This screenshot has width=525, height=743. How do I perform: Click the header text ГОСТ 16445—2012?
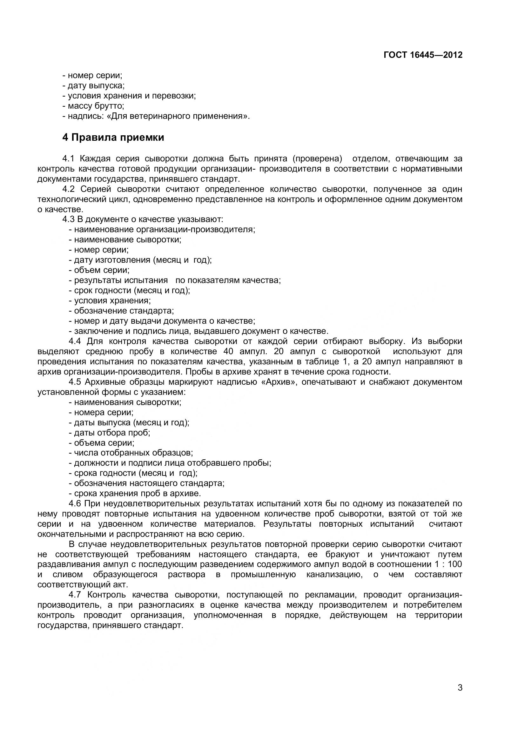tap(423, 55)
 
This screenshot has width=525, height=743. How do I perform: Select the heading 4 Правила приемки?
tap(113, 138)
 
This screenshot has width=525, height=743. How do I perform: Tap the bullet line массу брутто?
tap(93, 106)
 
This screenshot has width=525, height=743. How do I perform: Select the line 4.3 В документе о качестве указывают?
tap(143, 220)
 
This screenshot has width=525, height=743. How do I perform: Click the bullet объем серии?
tap(99, 270)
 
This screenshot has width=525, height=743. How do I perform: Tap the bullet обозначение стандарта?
tap(121, 311)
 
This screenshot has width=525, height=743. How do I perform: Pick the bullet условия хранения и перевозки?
tap(129, 96)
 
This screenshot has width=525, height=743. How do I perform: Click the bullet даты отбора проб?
tap(109, 432)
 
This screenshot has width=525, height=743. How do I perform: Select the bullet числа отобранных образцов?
tap(131, 453)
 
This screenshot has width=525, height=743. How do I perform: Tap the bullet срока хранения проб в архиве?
tap(135, 493)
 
